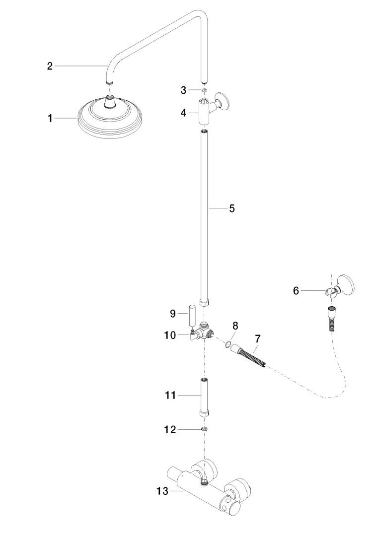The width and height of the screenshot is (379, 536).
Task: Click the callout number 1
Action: pos(50,118)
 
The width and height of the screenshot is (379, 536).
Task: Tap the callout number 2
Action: pos(50,66)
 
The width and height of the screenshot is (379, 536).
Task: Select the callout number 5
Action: pos(231,208)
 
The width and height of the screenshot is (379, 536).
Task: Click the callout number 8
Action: pos(235,326)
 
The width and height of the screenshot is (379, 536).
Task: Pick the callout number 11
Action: pos(171,396)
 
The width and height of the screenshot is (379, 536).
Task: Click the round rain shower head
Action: pos(110,118)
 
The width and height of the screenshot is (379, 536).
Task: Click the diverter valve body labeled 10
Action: pos(203,333)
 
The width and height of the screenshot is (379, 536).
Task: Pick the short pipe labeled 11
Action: pos(204,396)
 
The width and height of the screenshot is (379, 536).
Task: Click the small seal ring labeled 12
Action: pos(204,429)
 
